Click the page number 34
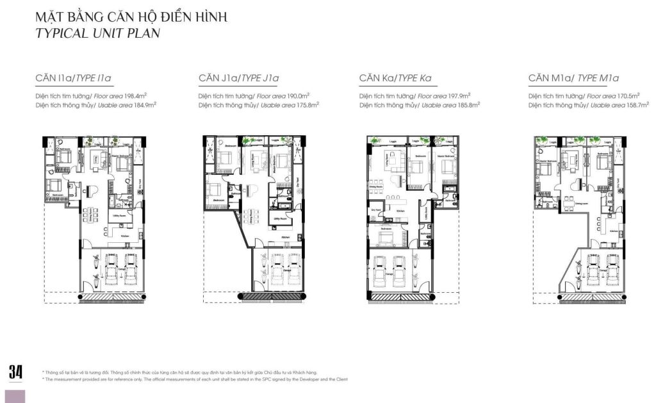(x=15, y=372)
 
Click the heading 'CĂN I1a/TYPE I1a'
(x=74, y=79)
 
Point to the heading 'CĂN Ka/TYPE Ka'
(x=395, y=79)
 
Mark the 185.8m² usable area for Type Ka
(x=468, y=104)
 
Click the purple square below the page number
(x=15, y=396)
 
